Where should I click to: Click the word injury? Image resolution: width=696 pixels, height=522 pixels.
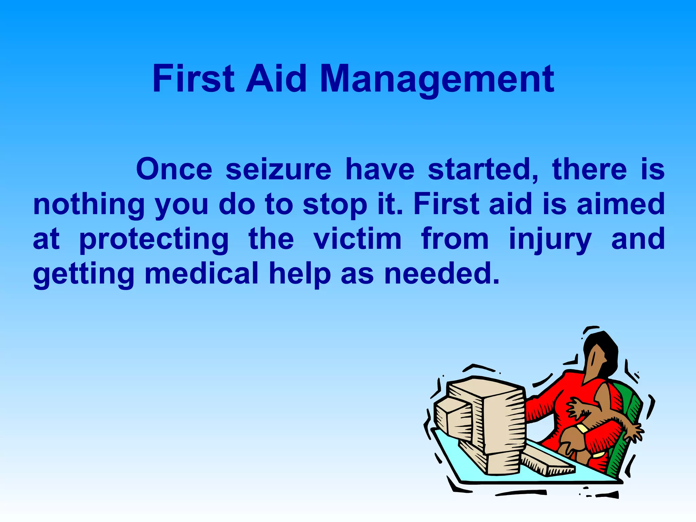click(550, 240)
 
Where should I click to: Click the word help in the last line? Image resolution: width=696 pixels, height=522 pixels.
click(300, 274)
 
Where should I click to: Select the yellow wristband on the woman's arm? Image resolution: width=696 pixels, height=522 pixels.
click(582, 429)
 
